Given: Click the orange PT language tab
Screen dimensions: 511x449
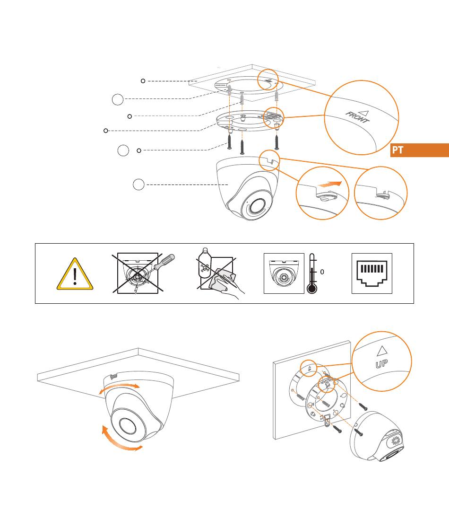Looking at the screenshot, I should point(419,150).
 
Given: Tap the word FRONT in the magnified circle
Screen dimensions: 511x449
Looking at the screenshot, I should point(358,117).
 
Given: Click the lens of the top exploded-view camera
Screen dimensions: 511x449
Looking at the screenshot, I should point(256,206).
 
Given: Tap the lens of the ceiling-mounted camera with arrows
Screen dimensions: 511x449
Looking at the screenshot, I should point(128,426).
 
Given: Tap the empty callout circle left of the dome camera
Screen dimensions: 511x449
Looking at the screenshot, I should point(138,185).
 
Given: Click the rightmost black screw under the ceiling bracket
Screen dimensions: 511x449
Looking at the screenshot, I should point(276,141).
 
